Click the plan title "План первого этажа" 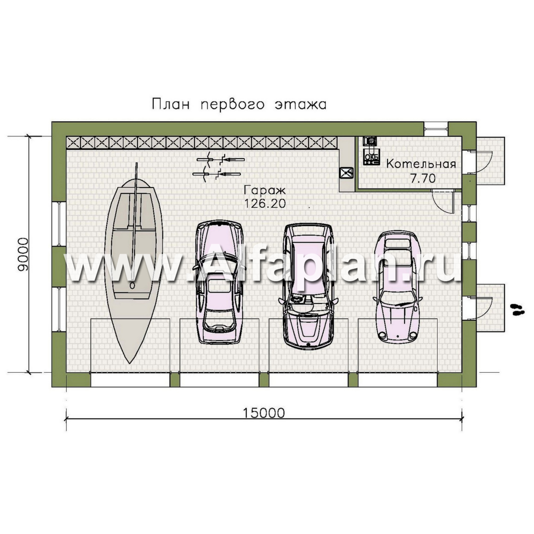(239, 104)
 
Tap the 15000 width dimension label (264, 413)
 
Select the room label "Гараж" (265, 190)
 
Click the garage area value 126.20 (265, 203)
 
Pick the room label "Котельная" (421, 164)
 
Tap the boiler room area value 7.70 (423, 178)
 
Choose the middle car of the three (309, 286)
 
